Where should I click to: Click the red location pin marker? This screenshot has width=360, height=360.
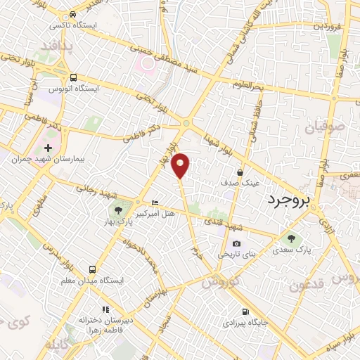pyautogui.click(x=181, y=165)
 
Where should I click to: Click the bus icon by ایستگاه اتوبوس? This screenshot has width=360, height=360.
pyautogui.click(x=73, y=79)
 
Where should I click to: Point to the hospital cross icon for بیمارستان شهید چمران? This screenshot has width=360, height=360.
pyautogui.click(x=48, y=148)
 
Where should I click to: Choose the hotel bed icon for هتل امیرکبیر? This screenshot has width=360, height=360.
pyautogui.click(x=155, y=202)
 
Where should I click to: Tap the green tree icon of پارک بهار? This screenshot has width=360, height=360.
pyautogui.click(x=118, y=210)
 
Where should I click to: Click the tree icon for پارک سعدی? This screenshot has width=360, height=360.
pyautogui.click(x=292, y=239)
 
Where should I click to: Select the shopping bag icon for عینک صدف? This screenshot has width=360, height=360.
pyautogui.click(x=240, y=171)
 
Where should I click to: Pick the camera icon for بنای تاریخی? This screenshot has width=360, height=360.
pyautogui.click(x=236, y=243)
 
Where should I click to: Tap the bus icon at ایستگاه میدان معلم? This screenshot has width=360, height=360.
pyautogui.click(x=92, y=269)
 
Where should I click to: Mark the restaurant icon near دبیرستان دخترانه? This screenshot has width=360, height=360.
pyautogui.click(x=105, y=309)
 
